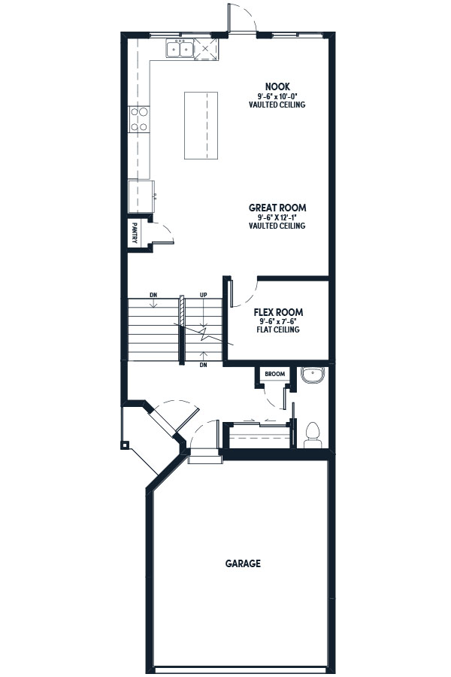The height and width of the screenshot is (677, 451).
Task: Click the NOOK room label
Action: tap(277, 87)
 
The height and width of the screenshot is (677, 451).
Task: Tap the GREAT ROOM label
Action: tap(277, 208)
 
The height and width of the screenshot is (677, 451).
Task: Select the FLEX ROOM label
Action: tap(278, 312)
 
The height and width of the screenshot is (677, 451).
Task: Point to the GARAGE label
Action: tap(243, 563)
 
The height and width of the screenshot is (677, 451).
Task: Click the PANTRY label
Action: tap(135, 233)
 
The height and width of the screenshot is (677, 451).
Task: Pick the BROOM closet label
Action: tap(275, 374)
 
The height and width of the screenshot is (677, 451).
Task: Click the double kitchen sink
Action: tap(180, 49)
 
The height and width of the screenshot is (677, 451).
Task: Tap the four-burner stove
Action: tap(139, 120)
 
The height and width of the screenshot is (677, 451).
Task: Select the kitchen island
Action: tap(201, 126)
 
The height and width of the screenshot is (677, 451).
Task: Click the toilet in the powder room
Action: tap(313, 435)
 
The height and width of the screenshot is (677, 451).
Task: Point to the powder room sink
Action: tap(313, 375)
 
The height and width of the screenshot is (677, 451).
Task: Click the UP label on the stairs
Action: tap(203, 295)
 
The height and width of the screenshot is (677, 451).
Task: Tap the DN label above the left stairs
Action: tap(153, 295)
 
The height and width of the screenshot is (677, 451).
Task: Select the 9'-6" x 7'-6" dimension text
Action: tap(278, 322)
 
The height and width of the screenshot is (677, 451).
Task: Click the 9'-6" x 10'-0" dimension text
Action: tap(277, 96)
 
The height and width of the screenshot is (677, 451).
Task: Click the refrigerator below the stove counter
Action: tap(141, 196)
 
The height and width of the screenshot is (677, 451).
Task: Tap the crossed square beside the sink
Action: tap(206, 49)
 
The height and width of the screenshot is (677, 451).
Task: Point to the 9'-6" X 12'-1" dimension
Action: tap(277, 217)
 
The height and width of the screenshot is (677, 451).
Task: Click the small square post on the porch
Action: tap(125, 445)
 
